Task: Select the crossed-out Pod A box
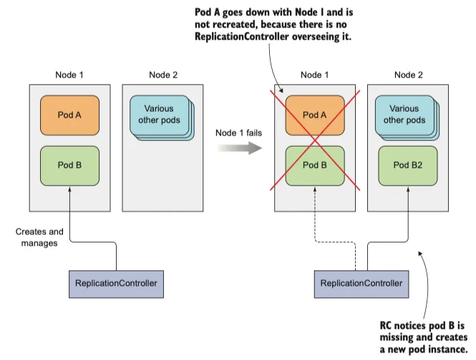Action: [x=315, y=115]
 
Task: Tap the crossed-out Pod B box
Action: [x=315, y=165]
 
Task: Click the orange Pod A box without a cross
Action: [x=69, y=115]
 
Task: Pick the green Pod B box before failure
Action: [x=69, y=165]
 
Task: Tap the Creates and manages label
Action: [x=39, y=238]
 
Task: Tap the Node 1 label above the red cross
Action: [x=315, y=74]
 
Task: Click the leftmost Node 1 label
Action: [x=69, y=74]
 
